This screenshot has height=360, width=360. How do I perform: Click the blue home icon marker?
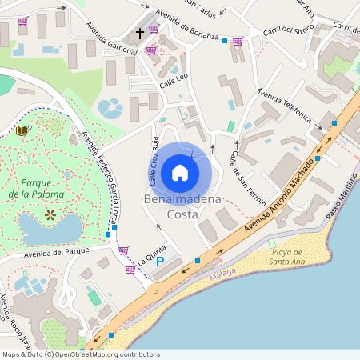(x=180, y=172)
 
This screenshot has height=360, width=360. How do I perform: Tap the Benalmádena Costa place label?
(x=180, y=206)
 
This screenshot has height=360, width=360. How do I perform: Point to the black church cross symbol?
(x=140, y=34)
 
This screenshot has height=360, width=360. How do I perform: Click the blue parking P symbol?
(x=159, y=262)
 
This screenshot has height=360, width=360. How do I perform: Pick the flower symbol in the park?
(x=50, y=214)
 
